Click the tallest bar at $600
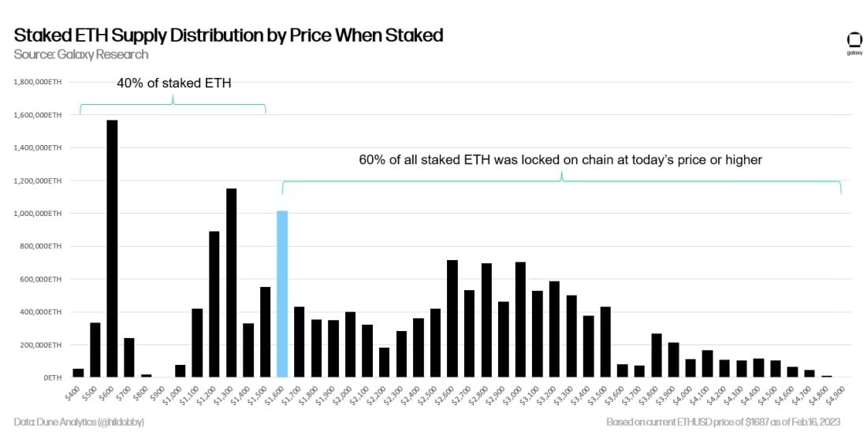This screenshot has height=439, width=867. tap(112, 248)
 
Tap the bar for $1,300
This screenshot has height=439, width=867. tap(231, 283)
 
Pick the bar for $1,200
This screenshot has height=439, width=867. tap(214, 304)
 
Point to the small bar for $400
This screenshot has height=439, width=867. tap(78, 373)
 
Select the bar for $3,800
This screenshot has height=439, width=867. tap(656, 355)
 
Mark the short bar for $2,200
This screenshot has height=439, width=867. tap(384, 363)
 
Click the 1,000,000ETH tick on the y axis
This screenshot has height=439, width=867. tap(39, 214)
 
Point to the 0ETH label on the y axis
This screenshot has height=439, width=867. tap(52, 378)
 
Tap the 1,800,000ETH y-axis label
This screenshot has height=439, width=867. tap(39, 82)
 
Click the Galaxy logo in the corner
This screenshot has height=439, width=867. tap(854, 41)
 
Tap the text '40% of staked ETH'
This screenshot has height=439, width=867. tap(173, 83)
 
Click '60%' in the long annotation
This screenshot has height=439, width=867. tap(373, 160)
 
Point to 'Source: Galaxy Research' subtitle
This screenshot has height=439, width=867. tap(80, 54)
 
